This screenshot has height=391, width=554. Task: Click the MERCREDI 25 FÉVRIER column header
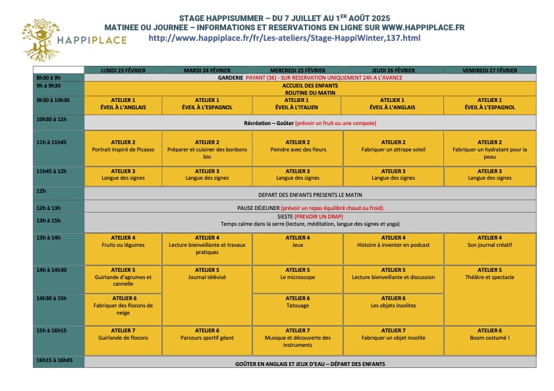298,70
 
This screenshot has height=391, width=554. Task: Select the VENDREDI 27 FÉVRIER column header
489,70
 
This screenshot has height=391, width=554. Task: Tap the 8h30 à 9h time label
49,77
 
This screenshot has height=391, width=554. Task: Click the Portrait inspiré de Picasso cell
123,149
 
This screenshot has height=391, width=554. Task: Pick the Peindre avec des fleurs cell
298,149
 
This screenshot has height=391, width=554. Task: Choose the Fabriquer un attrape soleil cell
393,149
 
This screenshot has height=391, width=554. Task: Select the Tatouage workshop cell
298,305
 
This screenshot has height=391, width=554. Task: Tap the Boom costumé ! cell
489,338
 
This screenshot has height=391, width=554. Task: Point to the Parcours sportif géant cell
208,338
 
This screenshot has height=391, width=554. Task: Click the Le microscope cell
298,277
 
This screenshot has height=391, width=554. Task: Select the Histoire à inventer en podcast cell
393,245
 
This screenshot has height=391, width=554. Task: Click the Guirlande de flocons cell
123,338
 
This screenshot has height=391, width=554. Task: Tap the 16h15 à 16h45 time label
55,360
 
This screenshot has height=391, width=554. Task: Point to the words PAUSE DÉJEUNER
258,207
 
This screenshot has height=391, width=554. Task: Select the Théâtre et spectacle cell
489,277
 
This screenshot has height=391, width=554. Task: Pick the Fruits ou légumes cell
123,245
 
